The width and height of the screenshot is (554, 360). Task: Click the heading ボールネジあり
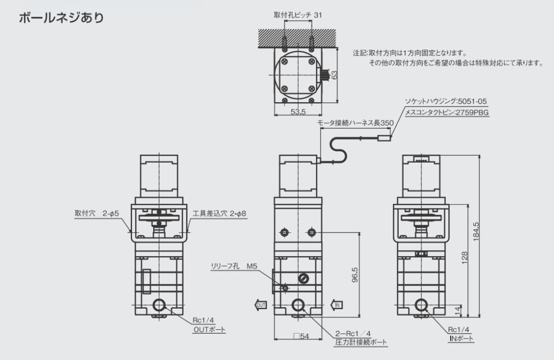[x=62, y=18]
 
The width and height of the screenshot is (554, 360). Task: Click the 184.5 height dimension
[x=476, y=231]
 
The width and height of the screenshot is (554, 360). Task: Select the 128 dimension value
[x=464, y=258]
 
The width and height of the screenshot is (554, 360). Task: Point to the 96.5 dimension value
[x=355, y=275]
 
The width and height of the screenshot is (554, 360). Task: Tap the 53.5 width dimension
[x=298, y=112]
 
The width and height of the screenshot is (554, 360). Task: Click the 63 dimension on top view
[x=334, y=75]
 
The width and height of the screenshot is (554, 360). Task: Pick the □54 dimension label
[x=301, y=336]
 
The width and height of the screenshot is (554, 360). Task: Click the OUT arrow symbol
[x=260, y=305]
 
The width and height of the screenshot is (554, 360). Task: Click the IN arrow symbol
[x=337, y=305]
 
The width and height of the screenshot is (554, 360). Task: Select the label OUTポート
[x=209, y=330]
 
